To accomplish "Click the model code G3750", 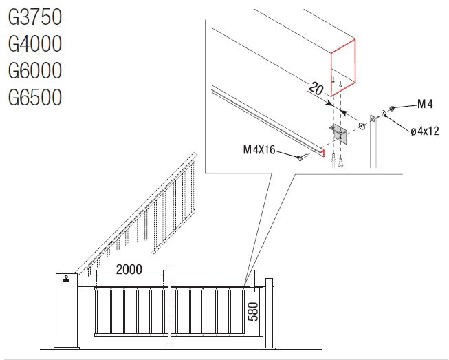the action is pos(35,17).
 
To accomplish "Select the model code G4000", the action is pos(35,43).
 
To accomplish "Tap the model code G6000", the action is pos(35,70).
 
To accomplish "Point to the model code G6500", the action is pos(35,97).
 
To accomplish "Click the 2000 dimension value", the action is pos(129,269).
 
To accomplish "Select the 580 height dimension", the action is pos(253,312).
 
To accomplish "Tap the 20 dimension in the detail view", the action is pos(316,88).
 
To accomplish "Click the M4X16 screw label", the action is pos(259,149).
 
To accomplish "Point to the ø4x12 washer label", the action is pos(425,131).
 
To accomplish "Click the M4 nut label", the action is pos(425,104).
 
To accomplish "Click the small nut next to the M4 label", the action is pos(392,108).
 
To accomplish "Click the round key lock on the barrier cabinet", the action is pos(66,277).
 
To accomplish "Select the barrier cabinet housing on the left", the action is pos(66,311).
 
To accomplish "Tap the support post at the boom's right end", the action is pos(269,314).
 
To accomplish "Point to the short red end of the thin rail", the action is pos(323,153).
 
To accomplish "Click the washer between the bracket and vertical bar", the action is pos(362,125).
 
